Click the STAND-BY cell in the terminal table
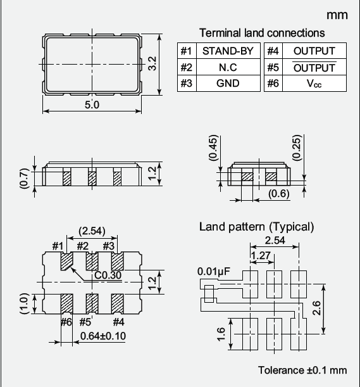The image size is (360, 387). [228, 51]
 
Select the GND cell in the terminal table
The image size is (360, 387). [228, 83]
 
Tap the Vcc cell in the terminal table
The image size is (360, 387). [314, 84]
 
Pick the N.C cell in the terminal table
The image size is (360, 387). [228, 67]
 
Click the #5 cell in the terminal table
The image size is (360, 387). [273, 67]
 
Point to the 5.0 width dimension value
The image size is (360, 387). [92, 105]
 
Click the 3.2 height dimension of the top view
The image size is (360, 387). [152, 64]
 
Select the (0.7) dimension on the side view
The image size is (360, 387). [25, 178]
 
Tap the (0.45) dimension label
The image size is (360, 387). [213, 148]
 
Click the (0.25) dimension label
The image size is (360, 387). [297, 148]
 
